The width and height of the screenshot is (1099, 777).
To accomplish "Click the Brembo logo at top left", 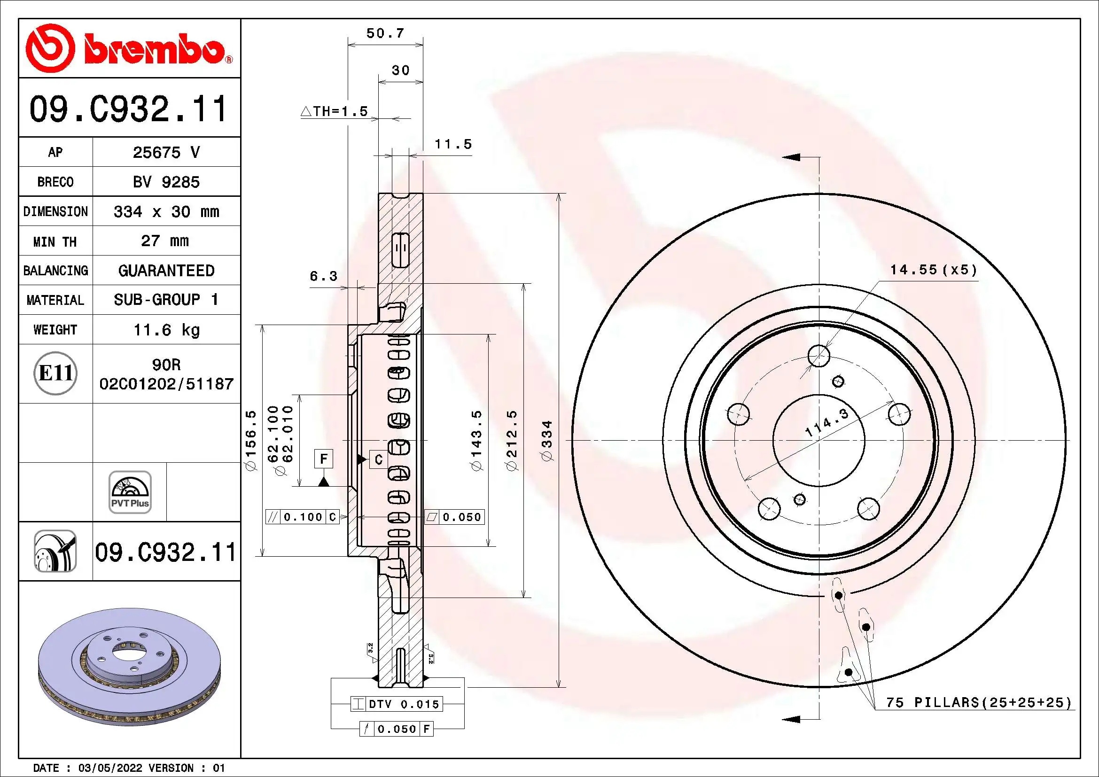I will [128, 48].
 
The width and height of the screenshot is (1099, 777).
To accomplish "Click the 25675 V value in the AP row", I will [166, 152].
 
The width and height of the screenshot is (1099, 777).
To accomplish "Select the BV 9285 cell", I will [166, 182].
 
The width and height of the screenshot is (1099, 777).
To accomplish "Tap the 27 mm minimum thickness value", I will [164, 241].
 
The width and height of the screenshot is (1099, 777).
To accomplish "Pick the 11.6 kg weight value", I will [166, 330].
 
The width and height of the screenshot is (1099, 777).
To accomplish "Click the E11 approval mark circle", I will [55, 373].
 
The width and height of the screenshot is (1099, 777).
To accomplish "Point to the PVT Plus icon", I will [130, 492].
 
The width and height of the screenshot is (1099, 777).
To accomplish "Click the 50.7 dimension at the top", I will [385, 33].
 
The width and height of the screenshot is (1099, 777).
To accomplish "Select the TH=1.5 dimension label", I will [335, 111].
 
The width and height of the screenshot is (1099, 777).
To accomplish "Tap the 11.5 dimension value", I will [453, 144].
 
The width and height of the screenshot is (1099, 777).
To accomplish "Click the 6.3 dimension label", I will [324, 276].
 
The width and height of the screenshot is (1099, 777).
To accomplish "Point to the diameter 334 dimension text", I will [546, 440].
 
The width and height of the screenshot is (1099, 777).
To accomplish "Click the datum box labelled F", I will [324, 459].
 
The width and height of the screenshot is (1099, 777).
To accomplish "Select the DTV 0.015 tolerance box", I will [397, 704].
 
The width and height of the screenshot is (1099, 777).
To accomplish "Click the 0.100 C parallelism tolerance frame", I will [303, 517].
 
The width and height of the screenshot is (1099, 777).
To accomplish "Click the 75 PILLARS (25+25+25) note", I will [978, 702].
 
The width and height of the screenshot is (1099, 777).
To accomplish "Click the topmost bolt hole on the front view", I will [818, 356].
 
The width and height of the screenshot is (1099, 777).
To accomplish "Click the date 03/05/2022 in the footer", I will [110, 768].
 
